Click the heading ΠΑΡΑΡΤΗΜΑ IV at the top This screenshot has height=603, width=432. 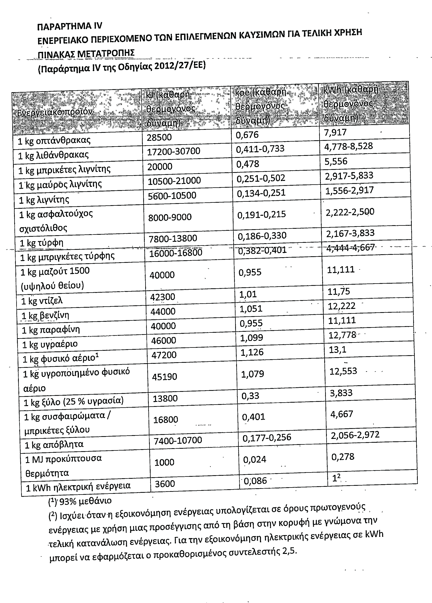click(70, 26)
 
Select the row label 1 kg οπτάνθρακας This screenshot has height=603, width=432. click(54, 140)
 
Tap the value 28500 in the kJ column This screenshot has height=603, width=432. click(159, 137)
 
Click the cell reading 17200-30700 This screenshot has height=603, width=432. click(174, 151)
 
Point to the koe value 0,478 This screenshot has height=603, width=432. click(248, 164)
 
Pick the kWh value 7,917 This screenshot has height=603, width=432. click(335, 132)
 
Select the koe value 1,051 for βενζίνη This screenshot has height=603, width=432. click(251, 309)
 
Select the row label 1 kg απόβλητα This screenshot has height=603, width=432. click(54, 445)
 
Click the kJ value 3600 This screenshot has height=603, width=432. click(165, 484)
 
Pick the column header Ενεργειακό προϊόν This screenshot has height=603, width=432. click(55, 112)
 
